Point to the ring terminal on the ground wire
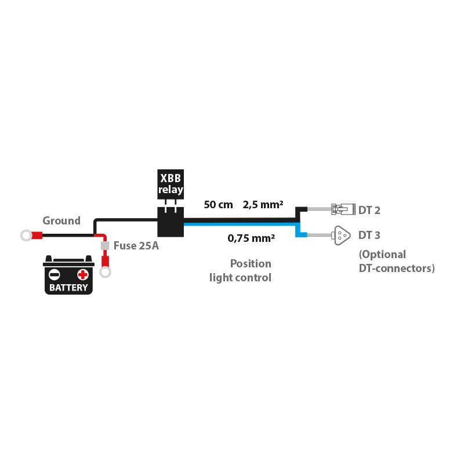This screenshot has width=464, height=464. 26,235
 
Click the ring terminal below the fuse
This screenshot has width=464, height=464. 105,271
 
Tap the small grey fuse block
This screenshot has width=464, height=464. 105,246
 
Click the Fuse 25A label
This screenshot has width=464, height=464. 136,245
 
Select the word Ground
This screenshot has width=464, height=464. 61,220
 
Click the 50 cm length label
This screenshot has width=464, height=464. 219,204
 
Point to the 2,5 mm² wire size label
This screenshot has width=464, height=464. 263,204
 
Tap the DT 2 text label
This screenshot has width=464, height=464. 369,210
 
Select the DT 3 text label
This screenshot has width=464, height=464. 369,235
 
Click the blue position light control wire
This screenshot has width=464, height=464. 244,227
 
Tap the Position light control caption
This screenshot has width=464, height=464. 241,270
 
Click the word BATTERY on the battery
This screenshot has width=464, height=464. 69,287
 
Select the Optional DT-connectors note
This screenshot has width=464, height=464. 396,261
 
